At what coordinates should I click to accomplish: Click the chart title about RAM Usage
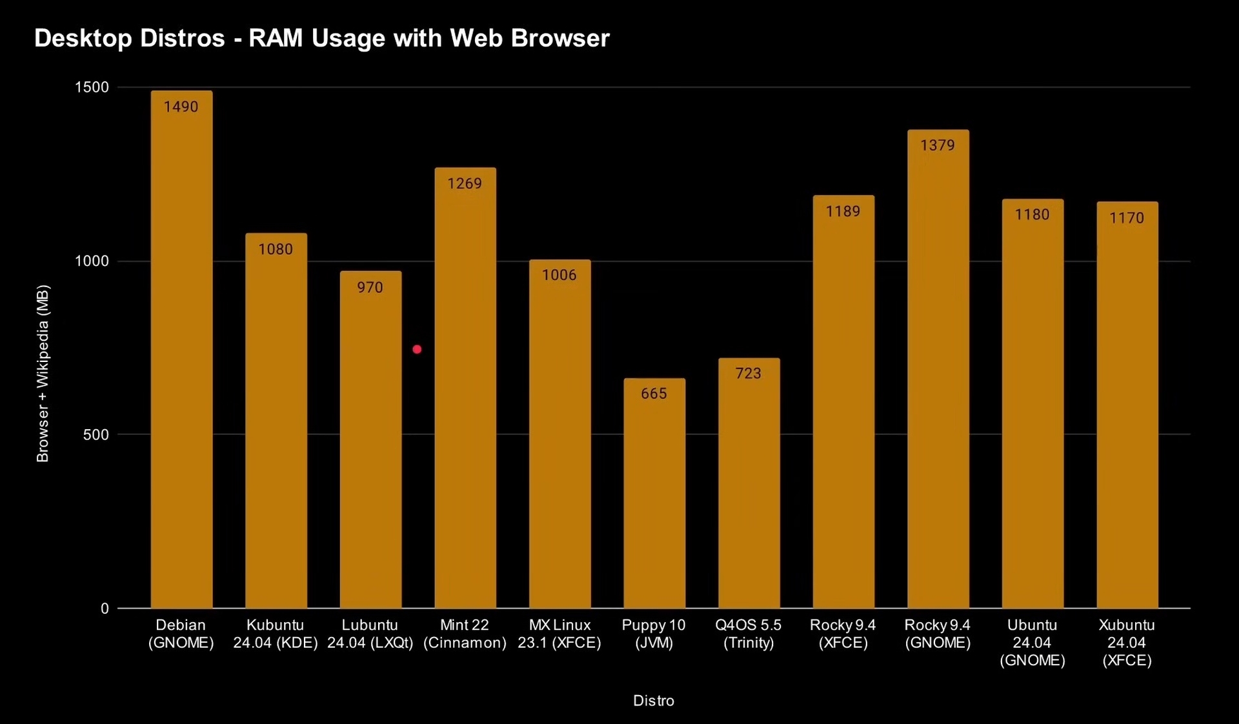click(x=321, y=39)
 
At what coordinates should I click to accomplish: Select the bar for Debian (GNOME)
click(x=181, y=361)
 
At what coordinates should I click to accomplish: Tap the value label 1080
click(x=276, y=249)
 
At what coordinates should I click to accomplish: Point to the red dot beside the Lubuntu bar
click(x=417, y=349)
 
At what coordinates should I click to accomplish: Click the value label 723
click(x=749, y=373)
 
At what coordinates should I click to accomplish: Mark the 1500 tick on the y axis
click(x=92, y=87)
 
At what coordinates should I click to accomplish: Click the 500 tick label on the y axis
click(x=96, y=434)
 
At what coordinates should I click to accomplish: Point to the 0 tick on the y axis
click(x=105, y=608)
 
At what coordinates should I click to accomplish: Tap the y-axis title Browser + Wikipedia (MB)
click(x=43, y=374)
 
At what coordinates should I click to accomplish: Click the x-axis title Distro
click(x=653, y=701)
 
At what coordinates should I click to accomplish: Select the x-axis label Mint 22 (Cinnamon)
click(x=465, y=634)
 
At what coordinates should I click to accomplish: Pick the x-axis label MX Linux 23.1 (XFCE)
click(x=559, y=634)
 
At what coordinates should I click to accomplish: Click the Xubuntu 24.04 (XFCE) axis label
click(x=1127, y=642)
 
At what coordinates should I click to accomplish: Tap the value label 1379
click(x=938, y=145)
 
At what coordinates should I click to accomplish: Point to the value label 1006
click(x=559, y=275)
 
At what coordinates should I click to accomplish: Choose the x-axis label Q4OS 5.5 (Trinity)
click(x=749, y=634)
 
